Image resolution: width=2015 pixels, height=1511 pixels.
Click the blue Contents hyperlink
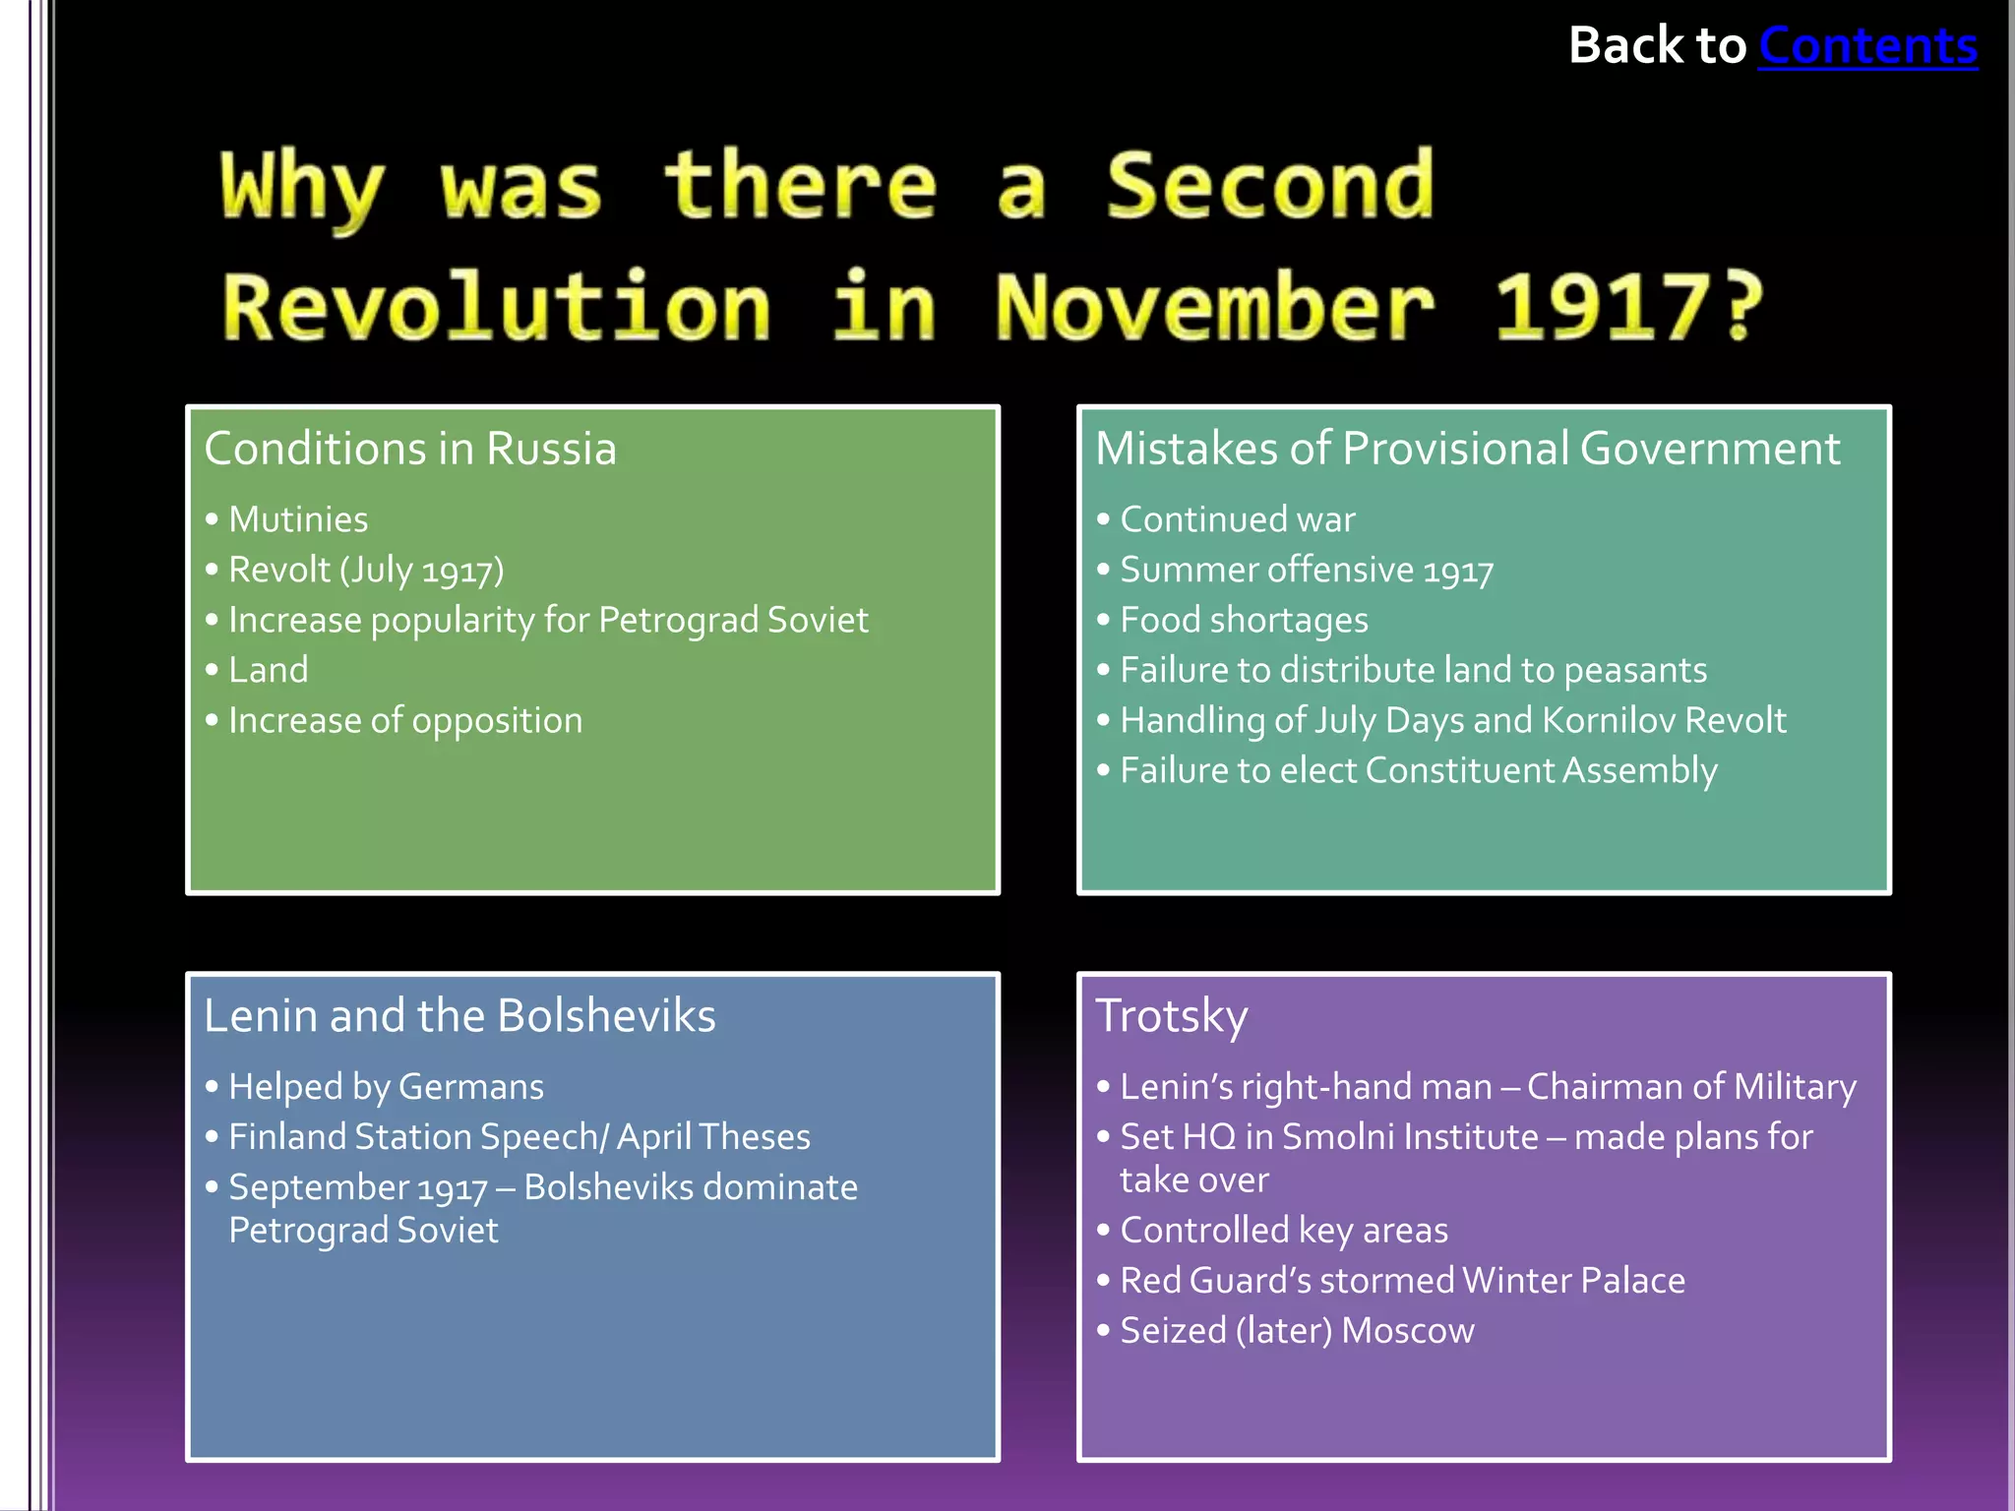coord(1867,46)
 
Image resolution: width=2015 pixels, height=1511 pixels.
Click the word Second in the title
coord(1269,186)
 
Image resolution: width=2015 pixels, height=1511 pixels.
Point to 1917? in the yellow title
coord(1628,308)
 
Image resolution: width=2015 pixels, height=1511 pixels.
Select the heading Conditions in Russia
coord(410,449)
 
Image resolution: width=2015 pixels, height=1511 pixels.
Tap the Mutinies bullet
coord(298,519)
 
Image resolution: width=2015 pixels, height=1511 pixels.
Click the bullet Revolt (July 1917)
coord(366,570)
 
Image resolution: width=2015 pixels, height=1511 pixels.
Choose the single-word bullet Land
coord(269,670)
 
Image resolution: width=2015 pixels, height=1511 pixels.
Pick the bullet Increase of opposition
coord(405,721)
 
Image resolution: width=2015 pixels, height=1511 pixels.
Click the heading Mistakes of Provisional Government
coord(1467,449)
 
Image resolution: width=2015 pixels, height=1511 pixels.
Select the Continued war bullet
coord(1237,519)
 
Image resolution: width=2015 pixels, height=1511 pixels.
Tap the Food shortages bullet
coord(1244,620)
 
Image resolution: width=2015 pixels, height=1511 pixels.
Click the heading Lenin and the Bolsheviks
coord(459,1015)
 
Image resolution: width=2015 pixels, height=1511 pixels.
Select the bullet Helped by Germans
coord(386,1087)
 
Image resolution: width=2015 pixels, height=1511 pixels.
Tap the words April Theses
coord(713,1137)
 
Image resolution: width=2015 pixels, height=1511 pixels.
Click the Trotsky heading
coord(1172,1015)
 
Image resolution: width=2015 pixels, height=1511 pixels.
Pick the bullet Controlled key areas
coord(1283,1231)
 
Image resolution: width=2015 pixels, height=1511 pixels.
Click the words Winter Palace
coord(1573,1281)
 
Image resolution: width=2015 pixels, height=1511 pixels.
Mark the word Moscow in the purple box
coord(1408,1331)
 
